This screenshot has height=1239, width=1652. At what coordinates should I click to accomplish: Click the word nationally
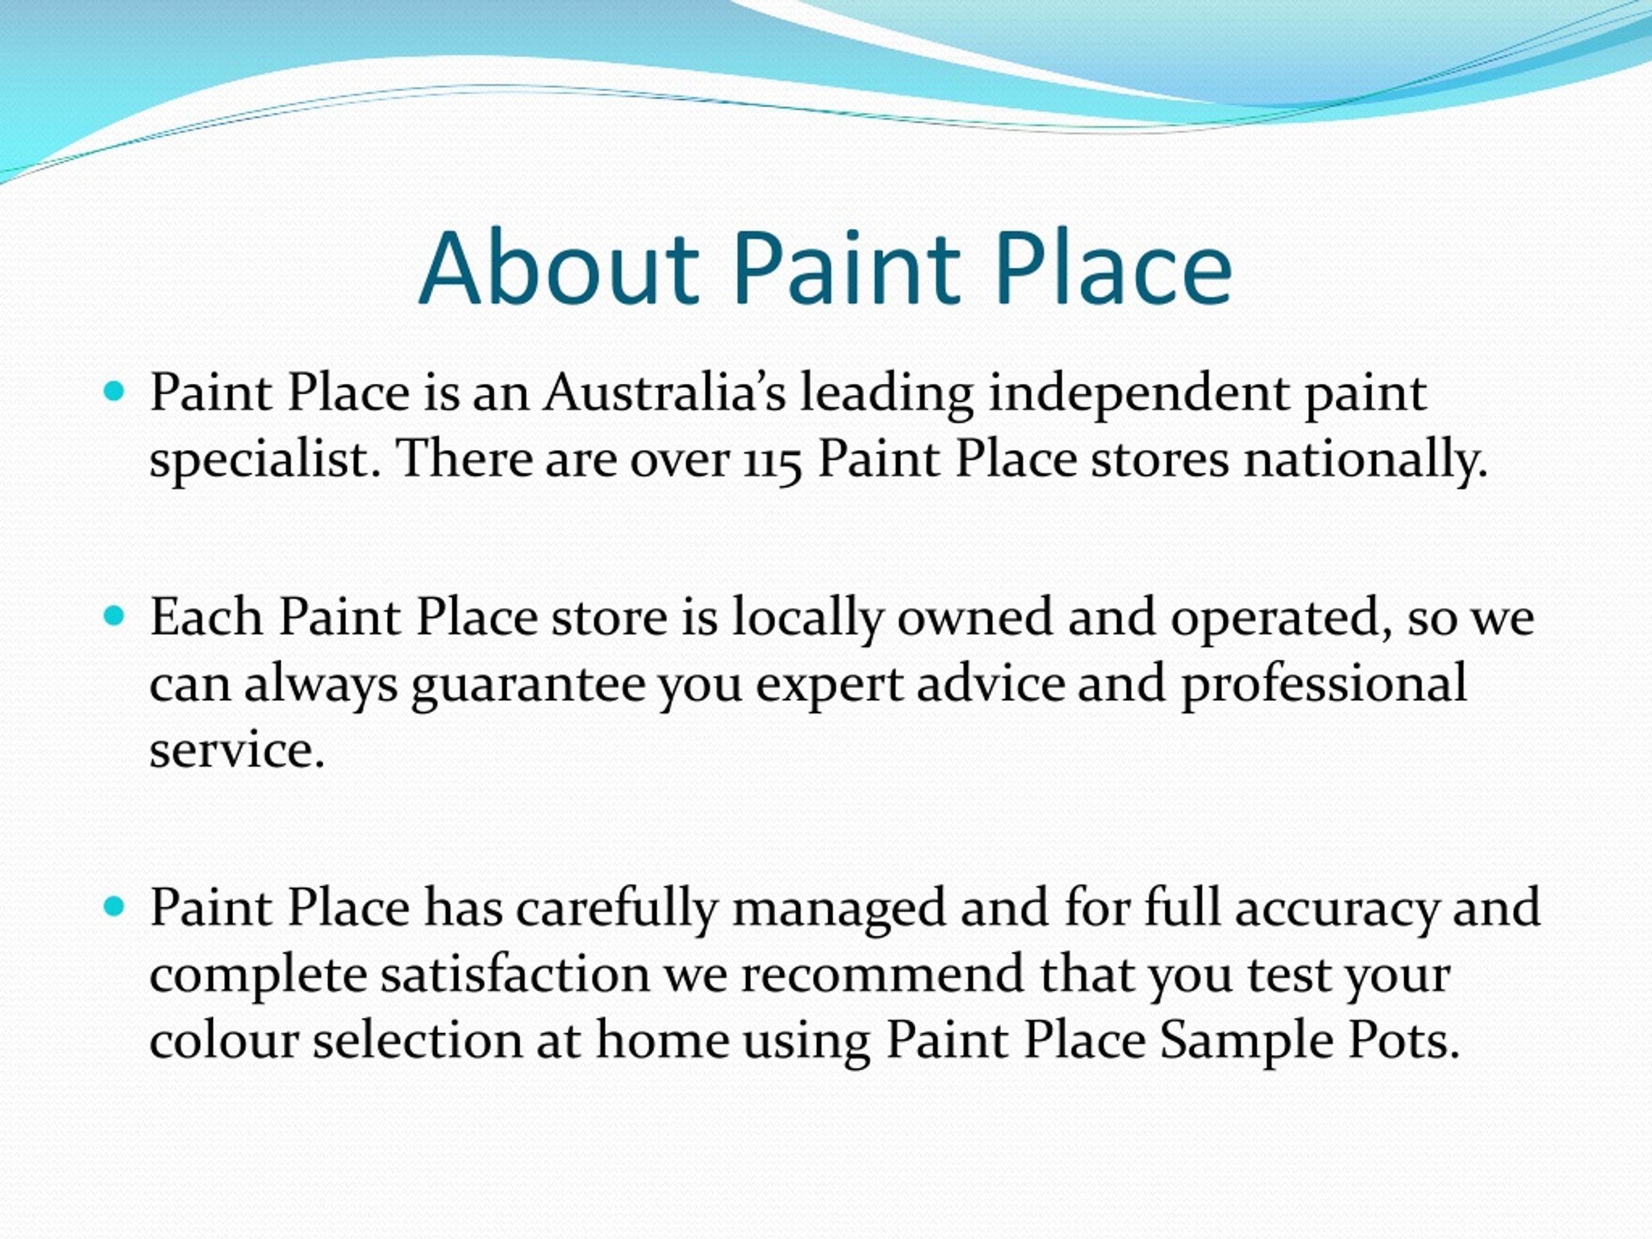1366,459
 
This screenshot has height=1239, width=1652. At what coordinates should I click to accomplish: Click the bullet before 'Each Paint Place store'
114,616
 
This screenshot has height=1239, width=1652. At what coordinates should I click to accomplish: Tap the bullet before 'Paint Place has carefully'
114,907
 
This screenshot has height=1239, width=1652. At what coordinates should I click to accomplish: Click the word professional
1324,684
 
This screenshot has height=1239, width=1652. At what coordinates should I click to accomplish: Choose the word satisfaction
516,974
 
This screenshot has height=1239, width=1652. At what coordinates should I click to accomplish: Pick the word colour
224,1040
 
